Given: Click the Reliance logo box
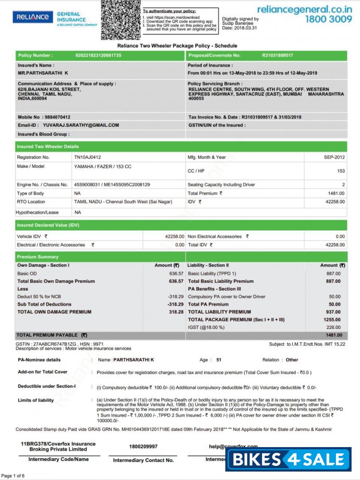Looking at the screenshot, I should pyautogui.click(x=32, y=17).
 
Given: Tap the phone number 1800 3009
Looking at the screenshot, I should pyautogui.click(x=328, y=19).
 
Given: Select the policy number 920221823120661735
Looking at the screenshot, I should pyautogui.click(x=99, y=56).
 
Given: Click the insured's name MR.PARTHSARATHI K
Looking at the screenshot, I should pyautogui.click(x=43, y=73).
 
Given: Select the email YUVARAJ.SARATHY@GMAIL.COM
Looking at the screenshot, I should pyautogui.click(x=81, y=125).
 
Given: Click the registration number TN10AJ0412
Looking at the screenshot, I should pyautogui.click(x=88, y=157).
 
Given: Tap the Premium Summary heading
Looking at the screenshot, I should pyautogui.click(x=38, y=257).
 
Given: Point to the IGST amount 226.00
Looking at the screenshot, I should pyautogui.click(x=333, y=328).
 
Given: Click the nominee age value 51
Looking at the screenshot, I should pyautogui.click(x=219, y=360).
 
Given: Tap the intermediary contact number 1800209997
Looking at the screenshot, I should pyautogui.click(x=143, y=446).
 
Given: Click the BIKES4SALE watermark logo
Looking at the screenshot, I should pyautogui.click(x=288, y=459).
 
